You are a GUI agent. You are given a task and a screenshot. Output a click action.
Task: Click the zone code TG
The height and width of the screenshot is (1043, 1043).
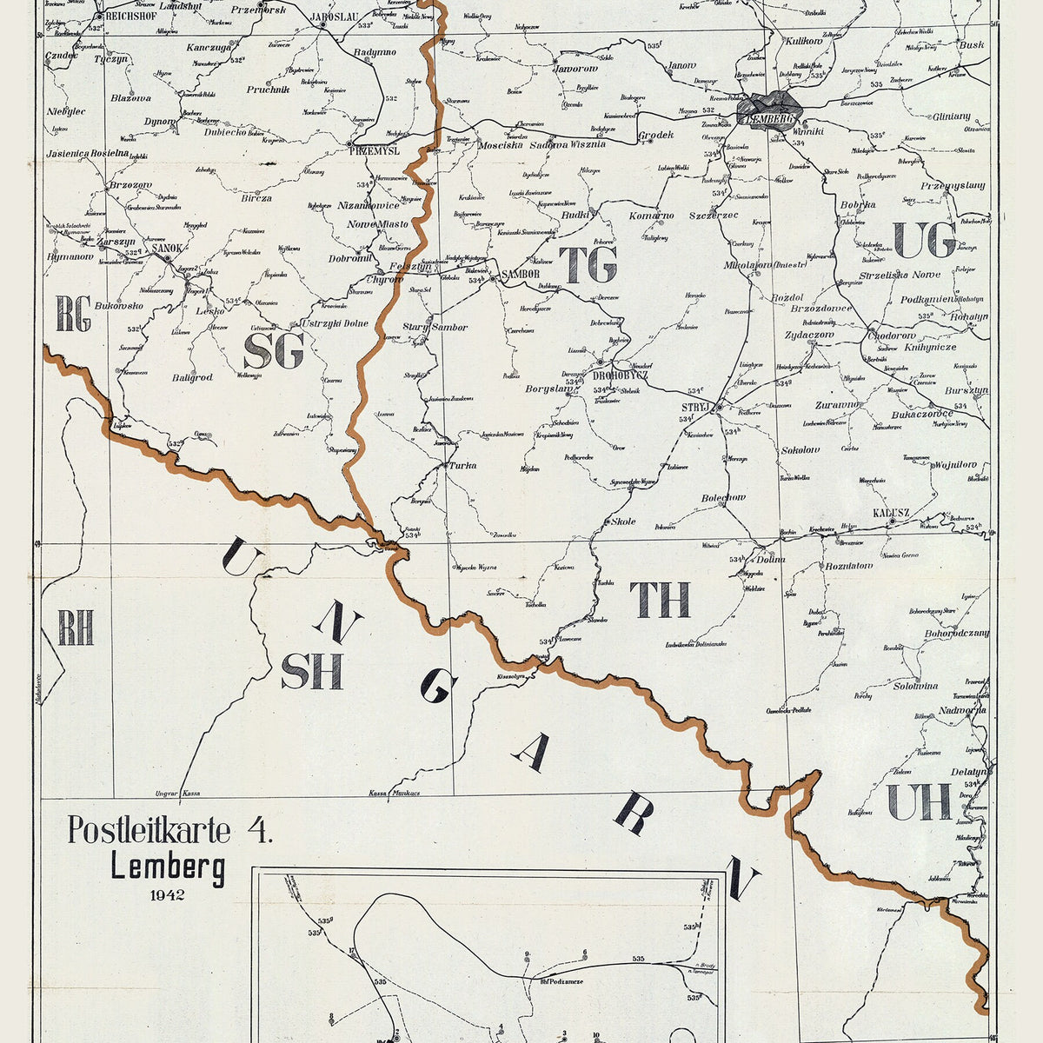[588, 264]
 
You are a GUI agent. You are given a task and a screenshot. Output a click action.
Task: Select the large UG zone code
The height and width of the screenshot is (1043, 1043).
[924, 240]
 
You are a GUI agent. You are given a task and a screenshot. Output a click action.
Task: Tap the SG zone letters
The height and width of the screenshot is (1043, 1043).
[274, 351]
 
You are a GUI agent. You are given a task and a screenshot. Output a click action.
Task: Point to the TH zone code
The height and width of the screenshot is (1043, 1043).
[661, 600]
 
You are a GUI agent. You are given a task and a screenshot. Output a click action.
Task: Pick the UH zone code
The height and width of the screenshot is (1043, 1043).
[919, 801]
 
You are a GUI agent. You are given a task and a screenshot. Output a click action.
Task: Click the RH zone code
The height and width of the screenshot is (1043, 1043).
[76, 628]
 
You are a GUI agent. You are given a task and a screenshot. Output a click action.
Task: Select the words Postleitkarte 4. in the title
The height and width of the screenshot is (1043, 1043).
[170, 830]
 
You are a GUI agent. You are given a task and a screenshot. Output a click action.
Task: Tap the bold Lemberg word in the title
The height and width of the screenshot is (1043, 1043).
[168, 867]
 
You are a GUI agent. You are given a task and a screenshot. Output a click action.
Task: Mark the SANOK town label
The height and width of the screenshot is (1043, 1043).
[167, 248]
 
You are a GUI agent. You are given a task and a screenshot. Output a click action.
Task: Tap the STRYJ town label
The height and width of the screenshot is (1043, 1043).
[697, 406]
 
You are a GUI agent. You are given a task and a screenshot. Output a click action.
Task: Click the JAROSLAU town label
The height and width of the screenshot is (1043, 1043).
[334, 15]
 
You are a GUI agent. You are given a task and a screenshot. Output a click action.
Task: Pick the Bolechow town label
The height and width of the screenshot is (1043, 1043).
[723, 498]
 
